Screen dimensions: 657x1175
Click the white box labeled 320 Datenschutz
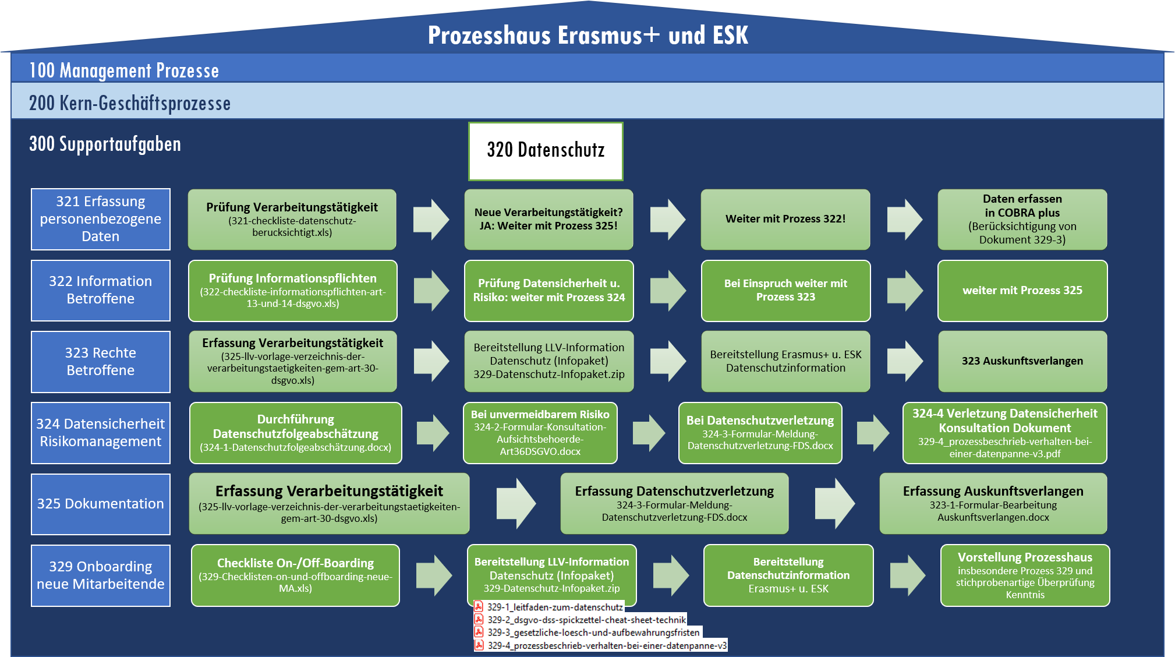pos(546,151)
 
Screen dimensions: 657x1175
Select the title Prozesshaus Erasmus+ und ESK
pos(587,36)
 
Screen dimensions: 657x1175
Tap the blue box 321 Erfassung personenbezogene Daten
pos(101,219)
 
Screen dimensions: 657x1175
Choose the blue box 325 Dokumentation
pos(101,504)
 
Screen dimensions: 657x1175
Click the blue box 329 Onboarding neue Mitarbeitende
pos(101,575)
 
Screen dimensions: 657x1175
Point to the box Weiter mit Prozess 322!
pos(785,219)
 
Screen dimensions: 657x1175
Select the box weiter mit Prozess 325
pos(1022,291)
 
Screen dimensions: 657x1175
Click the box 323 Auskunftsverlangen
pos(1022,361)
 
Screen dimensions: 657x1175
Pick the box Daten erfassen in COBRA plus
pos(1022,219)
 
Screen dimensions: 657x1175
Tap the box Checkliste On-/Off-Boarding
pos(295,575)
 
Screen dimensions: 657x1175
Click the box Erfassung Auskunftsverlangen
pos(993,504)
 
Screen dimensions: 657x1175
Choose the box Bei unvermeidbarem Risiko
pos(540,433)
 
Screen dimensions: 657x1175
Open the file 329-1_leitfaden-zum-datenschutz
pos(554,607)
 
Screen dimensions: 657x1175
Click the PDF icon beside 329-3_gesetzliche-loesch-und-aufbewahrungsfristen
pos(479,632)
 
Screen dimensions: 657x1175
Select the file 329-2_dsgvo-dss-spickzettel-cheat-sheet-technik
pos(586,620)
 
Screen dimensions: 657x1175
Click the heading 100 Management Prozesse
pos(124,70)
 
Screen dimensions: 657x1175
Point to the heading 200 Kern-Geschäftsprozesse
pos(130,103)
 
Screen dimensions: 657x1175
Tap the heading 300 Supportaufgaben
pos(105,144)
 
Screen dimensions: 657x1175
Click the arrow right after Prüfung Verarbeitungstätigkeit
pos(431,219)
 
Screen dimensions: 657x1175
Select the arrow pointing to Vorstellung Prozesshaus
pos(907,575)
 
